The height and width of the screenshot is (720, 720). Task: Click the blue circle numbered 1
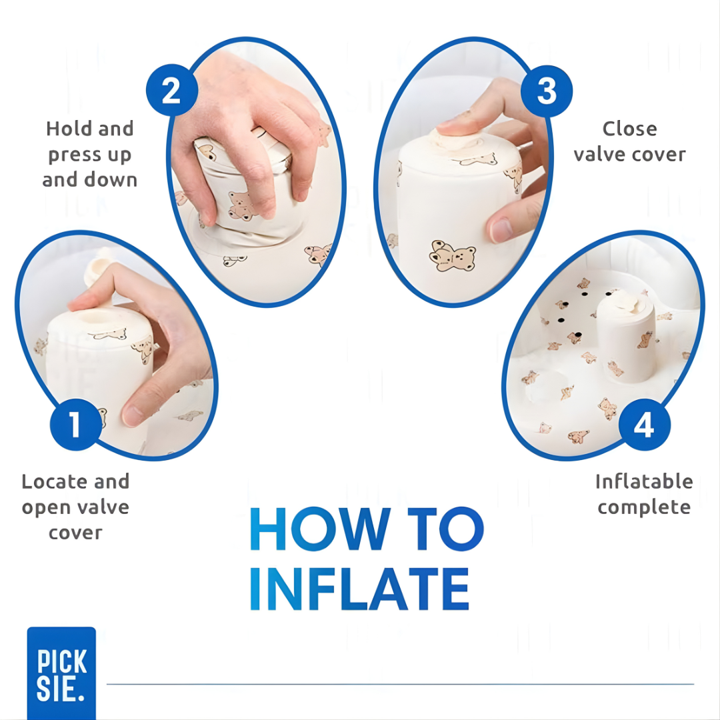click(76, 424)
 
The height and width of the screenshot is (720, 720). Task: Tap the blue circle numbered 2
click(172, 90)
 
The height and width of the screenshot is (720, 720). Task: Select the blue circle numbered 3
click(547, 91)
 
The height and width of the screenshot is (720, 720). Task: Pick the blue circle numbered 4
click(644, 424)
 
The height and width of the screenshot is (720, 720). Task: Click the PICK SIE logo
click(61, 673)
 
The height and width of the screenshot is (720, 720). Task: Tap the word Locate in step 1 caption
click(55, 482)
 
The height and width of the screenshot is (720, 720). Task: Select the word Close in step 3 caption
click(629, 129)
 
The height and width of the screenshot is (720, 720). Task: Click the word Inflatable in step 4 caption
click(644, 482)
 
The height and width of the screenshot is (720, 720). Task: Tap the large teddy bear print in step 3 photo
click(452, 256)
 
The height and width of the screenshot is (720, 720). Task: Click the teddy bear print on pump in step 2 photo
click(241, 205)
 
